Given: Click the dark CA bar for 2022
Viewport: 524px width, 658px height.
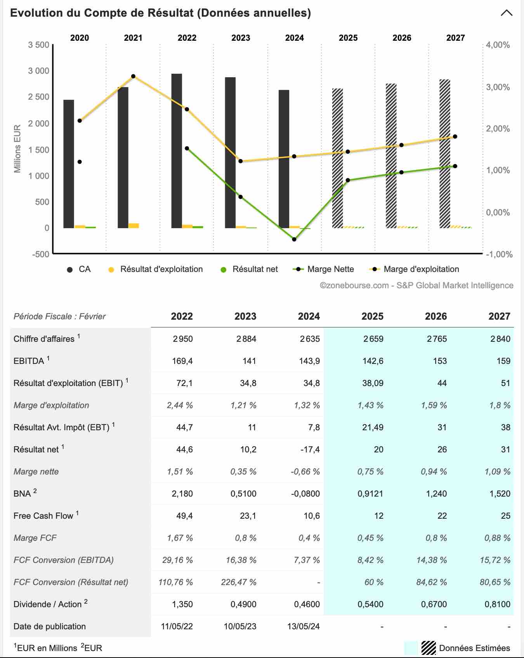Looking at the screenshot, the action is tap(177, 151).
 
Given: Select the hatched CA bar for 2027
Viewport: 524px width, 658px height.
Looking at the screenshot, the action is tap(445, 154).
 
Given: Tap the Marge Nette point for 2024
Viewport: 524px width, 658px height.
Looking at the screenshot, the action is tap(294, 239).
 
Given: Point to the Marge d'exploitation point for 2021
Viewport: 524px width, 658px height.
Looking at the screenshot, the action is tap(133, 76).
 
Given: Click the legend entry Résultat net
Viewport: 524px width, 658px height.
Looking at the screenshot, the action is tap(249, 269).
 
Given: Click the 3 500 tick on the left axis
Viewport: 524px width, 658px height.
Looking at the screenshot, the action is tap(38, 45).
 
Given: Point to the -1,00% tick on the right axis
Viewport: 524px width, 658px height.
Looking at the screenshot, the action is tap(500, 255).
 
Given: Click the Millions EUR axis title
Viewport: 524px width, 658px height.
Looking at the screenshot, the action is tap(17, 149).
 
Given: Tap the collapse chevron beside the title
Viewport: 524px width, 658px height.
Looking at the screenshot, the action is tap(507, 13).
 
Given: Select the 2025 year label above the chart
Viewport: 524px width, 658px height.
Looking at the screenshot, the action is tap(348, 38).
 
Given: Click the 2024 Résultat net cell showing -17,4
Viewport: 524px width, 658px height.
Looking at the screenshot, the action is tap(310, 450).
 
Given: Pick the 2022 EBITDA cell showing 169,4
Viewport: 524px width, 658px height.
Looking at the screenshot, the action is tap(182, 361).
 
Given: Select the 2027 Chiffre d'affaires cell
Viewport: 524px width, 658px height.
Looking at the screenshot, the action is tap(500, 339).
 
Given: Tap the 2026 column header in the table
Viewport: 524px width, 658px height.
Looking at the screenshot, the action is tap(436, 317).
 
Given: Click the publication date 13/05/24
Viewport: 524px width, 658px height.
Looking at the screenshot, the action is tap(304, 627).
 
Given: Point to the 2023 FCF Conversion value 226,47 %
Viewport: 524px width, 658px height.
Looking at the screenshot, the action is tap(239, 582).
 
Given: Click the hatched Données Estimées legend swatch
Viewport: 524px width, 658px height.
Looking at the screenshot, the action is tap(429, 648).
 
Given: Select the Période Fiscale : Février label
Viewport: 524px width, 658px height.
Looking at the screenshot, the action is tap(59, 317).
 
